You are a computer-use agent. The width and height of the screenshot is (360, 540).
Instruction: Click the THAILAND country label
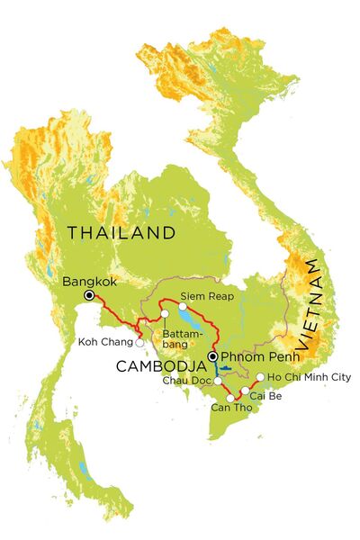(x=121, y=233)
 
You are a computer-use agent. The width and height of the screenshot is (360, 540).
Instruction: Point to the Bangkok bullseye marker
(x=89, y=295)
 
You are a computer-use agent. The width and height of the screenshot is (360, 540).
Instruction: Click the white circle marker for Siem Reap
(x=183, y=306)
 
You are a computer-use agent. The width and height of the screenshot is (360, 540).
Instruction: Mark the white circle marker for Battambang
(x=165, y=313)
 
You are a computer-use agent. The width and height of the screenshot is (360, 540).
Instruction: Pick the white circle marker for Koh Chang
(x=139, y=343)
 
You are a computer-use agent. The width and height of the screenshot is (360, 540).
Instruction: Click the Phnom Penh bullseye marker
(x=211, y=356)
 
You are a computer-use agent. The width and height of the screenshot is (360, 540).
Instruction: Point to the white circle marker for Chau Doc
(x=217, y=381)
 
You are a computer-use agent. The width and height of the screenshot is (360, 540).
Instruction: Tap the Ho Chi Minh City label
(x=303, y=377)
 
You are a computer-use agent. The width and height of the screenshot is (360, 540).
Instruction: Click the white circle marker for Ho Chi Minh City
(x=260, y=377)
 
